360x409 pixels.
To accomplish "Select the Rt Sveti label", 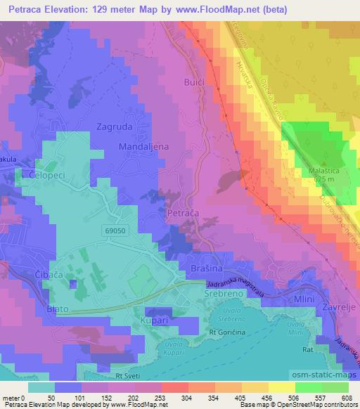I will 129,375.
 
